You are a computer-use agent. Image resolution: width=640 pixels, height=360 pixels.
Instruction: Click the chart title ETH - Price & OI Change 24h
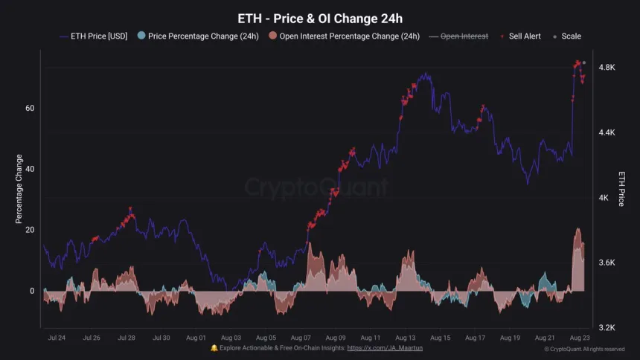click(319, 18)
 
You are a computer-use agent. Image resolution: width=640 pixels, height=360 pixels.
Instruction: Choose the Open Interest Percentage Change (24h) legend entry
click(344, 36)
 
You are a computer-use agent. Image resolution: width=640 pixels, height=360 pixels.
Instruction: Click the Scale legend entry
click(566, 36)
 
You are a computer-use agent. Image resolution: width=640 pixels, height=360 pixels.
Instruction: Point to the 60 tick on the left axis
click(30, 108)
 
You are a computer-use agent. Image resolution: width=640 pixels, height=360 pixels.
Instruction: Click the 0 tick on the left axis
click(32, 291)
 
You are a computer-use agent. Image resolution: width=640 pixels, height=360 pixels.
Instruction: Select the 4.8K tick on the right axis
click(607, 68)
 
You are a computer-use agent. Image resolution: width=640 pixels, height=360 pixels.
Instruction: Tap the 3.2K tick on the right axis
click(607, 327)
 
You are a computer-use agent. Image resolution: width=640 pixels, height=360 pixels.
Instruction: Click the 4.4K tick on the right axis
click(607, 132)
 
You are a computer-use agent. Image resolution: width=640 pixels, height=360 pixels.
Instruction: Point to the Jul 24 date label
click(56, 338)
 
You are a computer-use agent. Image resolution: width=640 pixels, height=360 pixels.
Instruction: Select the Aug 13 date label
click(406, 338)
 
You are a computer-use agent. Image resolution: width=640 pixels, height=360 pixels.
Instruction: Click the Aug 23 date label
click(580, 338)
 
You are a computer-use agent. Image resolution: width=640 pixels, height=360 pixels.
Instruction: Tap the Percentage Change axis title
click(19, 189)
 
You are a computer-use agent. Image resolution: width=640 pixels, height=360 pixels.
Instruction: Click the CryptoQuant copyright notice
click(584, 348)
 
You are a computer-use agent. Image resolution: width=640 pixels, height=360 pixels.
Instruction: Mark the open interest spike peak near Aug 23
click(578, 229)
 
